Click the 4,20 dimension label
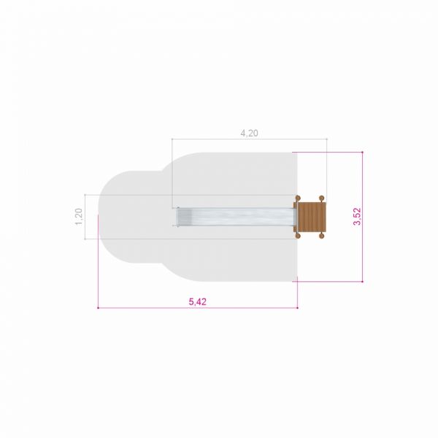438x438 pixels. [249, 134]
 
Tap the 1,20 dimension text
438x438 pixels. [79, 217]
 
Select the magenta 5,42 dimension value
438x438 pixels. [198, 301]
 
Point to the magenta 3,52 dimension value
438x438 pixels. [357, 217]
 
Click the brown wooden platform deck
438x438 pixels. [312, 218]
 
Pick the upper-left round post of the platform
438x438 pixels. [298, 198]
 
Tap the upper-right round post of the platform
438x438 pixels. [321, 198]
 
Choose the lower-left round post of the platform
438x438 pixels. [298, 237]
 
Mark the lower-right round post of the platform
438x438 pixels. [321, 237]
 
